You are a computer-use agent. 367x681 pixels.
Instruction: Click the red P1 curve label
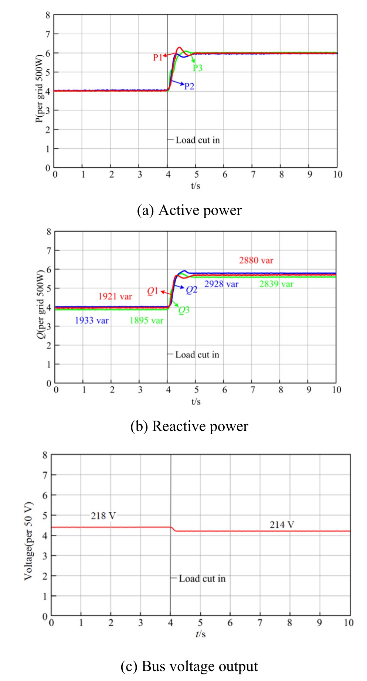pyautogui.click(x=157, y=58)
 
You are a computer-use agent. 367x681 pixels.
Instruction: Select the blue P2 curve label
pyautogui.click(x=189, y=86)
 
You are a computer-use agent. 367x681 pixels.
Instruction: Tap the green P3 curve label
pyautogui.click(x=198, y=68)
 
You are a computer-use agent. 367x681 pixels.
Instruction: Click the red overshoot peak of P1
pyautogui.click(x=179, y=48)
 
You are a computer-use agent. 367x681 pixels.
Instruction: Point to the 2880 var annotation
pyautogui.click(x=256, y=260)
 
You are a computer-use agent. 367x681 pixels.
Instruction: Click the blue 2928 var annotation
pyautogui.click(x=221, y=284)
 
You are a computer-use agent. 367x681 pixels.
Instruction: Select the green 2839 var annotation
pyautogui.click(x=276, y=284)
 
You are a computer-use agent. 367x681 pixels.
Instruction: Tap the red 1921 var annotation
pyautogui.click(x=115, y=297)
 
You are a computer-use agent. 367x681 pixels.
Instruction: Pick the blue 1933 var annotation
pyautogui.click(x=92, y=321)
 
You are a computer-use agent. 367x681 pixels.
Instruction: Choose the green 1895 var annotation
pyautogui.click(x=146, y=321)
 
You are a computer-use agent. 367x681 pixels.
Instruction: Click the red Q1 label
pyautogui.click(x=152, y=291)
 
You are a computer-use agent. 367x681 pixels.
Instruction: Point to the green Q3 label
pyautogui.click(x=184, y=310)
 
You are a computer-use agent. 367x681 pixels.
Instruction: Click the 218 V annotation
pyautogui.click(x=103, y=516)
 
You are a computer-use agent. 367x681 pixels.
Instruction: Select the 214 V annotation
pyautogui.click(x=282, y=525)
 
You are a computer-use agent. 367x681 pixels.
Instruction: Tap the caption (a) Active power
pyautogui.click(x=189, y=211)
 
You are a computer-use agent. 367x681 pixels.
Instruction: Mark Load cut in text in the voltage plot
pyautogui.click(x=202, y=579)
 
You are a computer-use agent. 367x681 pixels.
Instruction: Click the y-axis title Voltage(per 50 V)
pyautogui.click(x=28, y=541)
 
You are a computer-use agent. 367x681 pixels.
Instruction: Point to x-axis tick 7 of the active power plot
pyautogui.click(x=253, y=174)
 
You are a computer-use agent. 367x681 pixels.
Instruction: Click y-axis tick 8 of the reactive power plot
pyautogui.click(x=49, y=232)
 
